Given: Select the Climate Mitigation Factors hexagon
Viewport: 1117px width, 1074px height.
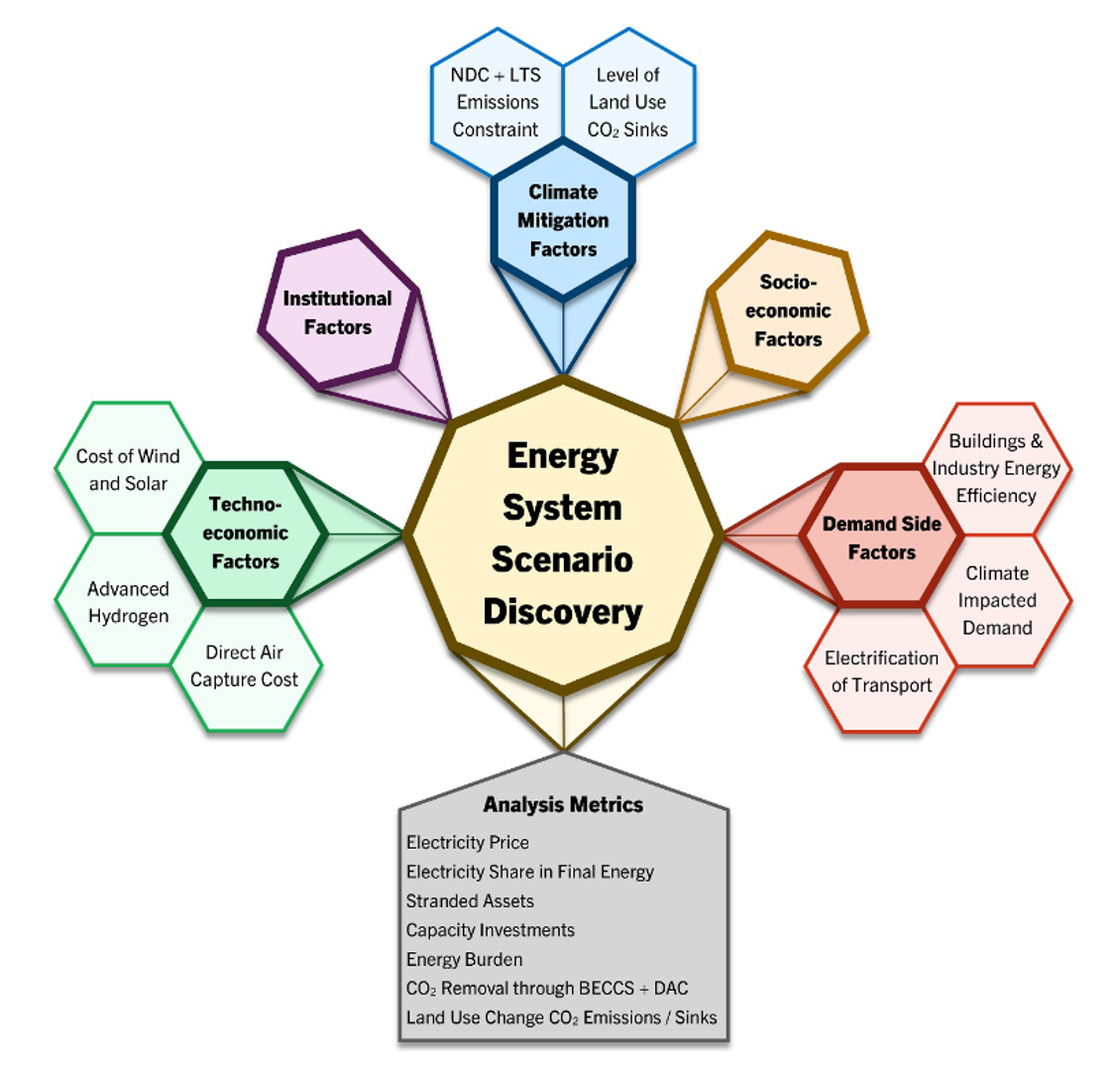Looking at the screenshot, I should [x=563, y=220].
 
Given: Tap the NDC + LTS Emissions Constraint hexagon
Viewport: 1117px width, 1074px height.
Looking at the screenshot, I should [x=496, y=101].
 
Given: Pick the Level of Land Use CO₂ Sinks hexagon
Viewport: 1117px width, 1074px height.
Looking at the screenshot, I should [x=628, y=101].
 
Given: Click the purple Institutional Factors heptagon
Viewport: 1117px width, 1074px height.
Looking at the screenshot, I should [x=337, y=312].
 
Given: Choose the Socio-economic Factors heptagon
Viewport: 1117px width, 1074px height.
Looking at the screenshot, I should [x=788, y=311].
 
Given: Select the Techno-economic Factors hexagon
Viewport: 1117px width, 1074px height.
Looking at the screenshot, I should [x=246, y=533].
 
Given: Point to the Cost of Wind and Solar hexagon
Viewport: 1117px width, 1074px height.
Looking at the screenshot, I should [x=128, y=469].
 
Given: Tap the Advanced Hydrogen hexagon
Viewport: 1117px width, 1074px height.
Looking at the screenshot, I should [x=128, y=602].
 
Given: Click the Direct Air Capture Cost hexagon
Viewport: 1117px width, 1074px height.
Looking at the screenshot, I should [x=244, y=665].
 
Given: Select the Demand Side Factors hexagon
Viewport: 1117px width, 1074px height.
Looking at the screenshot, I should [x=881, y=537].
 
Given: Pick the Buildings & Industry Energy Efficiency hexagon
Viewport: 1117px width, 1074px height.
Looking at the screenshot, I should [x=996, y=468].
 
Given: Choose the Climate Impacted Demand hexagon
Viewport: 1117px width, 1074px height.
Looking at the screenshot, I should [x=997, y=600].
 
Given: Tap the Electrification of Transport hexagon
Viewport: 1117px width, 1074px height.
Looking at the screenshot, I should [x=881, y=671].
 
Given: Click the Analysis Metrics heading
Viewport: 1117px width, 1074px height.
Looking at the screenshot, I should [x=563, y=804].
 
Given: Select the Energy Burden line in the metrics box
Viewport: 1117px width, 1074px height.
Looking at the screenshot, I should [x=464, y=959].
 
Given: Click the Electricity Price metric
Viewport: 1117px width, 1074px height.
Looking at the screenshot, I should [x=467, y=843].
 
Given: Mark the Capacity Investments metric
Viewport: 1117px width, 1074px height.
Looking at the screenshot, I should [x=490, y=930].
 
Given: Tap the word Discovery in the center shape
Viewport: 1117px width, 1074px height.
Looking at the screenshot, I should [x=562, y=612].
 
